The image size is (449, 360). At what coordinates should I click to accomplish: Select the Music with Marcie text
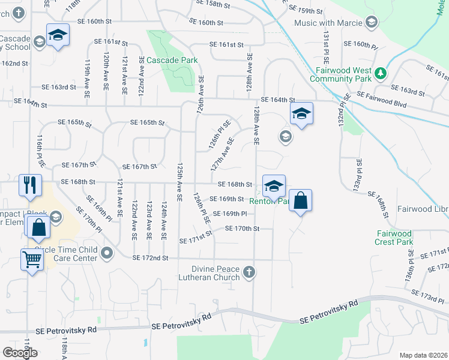point(328,23)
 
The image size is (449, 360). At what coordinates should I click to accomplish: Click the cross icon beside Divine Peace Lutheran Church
point(250,274)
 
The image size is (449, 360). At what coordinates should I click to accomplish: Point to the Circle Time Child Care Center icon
point(107,253)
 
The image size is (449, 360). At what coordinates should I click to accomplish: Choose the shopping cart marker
point(32,259)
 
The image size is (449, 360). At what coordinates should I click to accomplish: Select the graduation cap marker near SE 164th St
point(301,113)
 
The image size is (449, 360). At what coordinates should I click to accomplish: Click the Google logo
point(20,353)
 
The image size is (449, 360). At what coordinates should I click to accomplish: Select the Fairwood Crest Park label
point(394,238)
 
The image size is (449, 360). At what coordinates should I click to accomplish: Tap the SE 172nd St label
point(150,258)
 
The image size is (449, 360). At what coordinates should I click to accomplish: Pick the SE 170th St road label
point(242,228)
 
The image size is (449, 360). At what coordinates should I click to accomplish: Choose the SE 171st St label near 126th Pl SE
point(196,240)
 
